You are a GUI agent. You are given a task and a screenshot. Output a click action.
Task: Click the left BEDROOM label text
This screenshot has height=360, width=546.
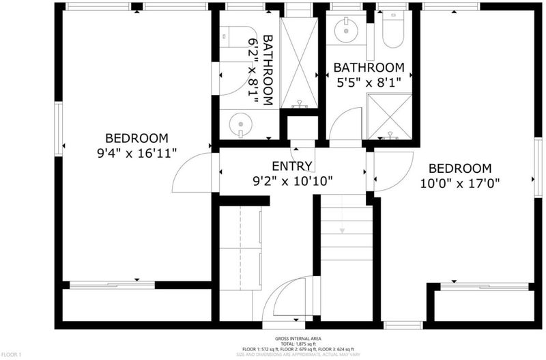[x=136, y=139]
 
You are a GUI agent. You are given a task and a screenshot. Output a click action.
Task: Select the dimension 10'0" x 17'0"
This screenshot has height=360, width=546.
[x=459, y=183]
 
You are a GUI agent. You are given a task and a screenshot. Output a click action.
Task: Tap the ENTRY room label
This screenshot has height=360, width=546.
[x=292, y=166]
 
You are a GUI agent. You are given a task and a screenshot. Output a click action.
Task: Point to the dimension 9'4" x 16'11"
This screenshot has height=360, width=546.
[x=137, y=153]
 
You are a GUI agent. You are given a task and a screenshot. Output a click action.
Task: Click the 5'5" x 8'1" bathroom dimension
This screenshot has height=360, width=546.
[x=369, y=83]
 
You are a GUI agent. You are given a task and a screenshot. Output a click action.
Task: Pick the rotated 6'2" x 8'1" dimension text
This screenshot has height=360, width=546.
[x=253, y=70]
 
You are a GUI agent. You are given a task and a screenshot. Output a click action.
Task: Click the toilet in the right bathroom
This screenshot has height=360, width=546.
[x=393, y=29]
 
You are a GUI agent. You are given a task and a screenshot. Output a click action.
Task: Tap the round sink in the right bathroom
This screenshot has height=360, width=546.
[x=346, y=31]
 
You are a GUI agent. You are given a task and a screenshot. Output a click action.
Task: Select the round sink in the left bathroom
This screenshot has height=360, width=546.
[x=241, y=124]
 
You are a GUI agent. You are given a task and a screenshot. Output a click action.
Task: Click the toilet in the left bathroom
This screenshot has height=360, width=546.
[x=234, y=37]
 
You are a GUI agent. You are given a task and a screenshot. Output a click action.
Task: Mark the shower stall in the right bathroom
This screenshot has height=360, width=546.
[x=390, y=116]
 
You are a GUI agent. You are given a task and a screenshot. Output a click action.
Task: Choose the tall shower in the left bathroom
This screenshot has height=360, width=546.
[x=299, y=63]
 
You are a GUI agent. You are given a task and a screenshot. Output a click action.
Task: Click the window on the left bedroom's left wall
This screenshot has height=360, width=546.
[x=59, y=128]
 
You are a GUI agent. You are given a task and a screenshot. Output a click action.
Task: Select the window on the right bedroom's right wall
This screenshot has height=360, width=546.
[x=538, y=167]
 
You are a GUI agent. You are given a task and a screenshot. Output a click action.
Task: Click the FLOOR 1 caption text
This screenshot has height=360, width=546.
[x=11, y=355]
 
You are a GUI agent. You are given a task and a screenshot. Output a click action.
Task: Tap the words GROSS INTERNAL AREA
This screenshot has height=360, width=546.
[x=298, y=338]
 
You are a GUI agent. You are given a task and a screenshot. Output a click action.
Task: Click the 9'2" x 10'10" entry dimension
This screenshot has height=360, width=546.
[x=292, y=181]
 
